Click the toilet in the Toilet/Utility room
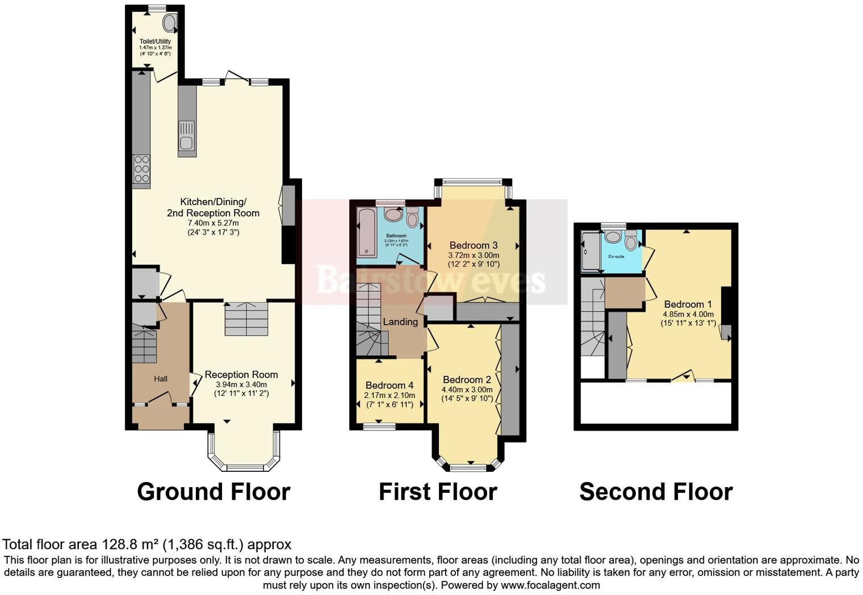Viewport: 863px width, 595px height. tap(169, 23)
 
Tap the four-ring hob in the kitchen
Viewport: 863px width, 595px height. tap(141, 169)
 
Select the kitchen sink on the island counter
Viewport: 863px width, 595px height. tap(187, 142)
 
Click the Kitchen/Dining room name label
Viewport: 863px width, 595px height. tap(213, 207)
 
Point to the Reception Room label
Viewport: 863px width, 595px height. tap(241, 375)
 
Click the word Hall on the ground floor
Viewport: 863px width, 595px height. tap(161, 379)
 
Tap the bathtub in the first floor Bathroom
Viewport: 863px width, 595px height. tap(366, 233)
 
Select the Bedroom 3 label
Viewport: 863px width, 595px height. tap(474, 245)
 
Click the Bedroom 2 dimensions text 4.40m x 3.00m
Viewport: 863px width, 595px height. tap(467, 389)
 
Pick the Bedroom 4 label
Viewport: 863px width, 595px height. tap(389, 386)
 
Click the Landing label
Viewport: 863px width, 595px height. tap(400, 322)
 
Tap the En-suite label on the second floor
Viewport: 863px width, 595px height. tap(616, 257)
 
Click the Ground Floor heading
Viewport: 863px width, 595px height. tap(213, 492)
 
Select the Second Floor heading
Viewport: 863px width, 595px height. tap(656, 492)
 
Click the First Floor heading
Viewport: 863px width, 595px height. tap(438, 492)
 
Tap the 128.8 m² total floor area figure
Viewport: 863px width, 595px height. tap(131, 544)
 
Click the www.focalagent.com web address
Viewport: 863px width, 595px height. tap(550, 585)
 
